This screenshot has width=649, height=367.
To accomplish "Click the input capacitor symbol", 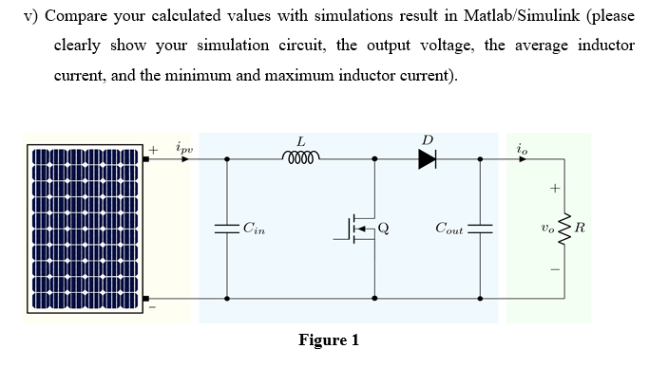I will point(226,228).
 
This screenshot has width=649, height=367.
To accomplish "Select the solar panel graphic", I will point(86,229).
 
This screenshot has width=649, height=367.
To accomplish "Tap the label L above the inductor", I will point(301,140).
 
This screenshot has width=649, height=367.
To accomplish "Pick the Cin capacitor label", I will point(255,227).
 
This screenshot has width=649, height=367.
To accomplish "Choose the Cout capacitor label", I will point(449,228).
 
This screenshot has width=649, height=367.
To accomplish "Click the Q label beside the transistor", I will point(384,227).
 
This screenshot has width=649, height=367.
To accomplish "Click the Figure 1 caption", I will point(328,340).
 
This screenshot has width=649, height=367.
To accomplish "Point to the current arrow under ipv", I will point(184,159).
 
